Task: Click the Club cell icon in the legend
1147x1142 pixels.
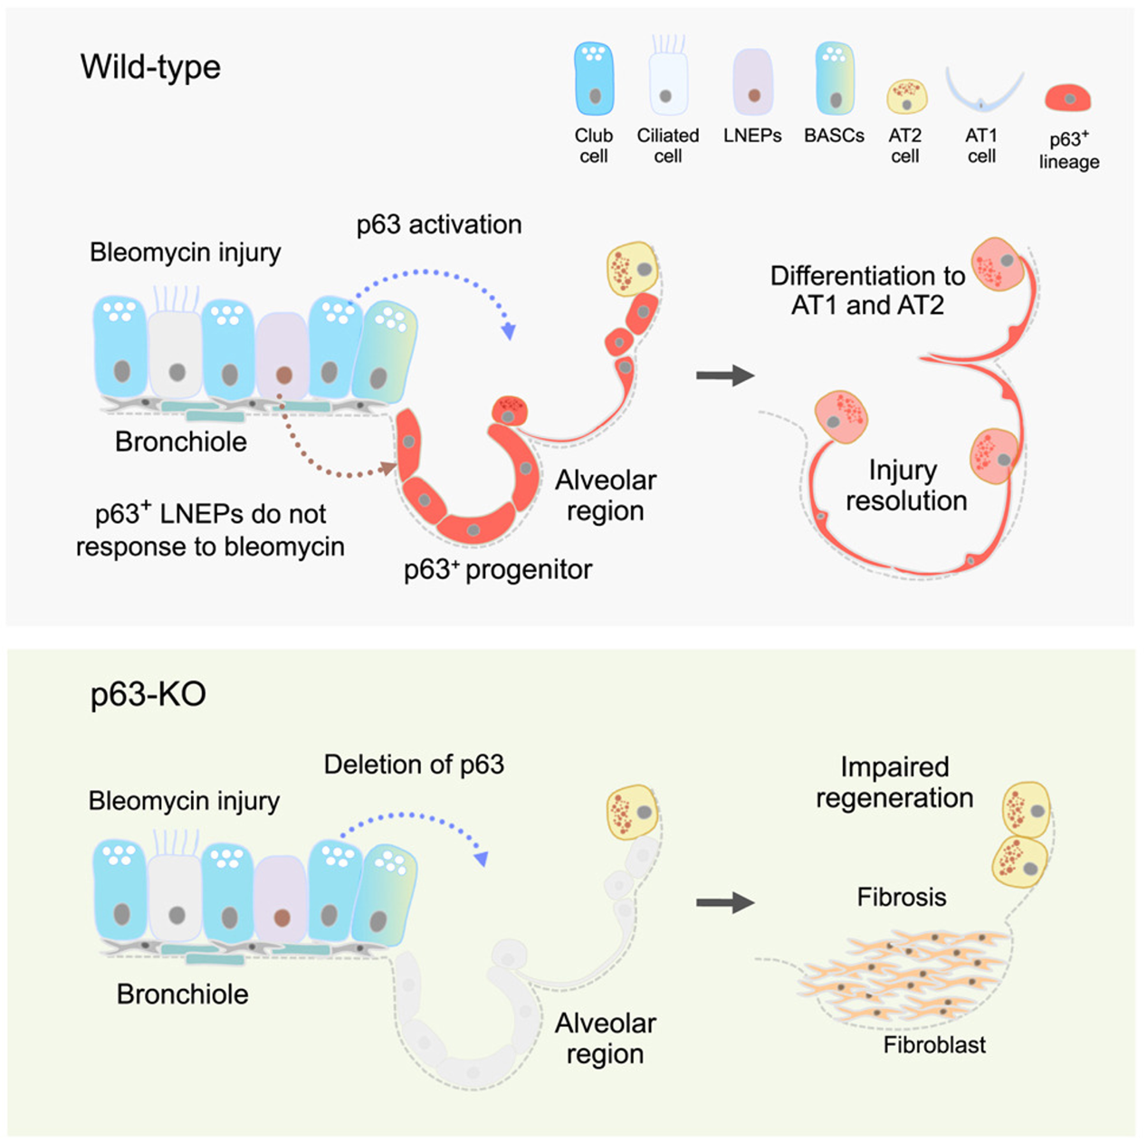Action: (x=594, y=79)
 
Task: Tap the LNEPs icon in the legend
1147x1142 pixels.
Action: (x=752, y=81)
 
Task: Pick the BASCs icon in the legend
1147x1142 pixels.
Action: (x=834, y=79)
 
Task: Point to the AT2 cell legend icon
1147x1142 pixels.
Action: (x=906, y=95)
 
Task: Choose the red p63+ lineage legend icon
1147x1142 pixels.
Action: (x=1068, y=98)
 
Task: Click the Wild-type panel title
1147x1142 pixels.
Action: (x=150, y=67)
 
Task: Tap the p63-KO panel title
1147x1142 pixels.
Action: (x=148, y=694)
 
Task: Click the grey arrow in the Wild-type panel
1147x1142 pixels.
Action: (x=724, y=375)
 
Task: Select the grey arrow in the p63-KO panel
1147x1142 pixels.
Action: (x=724, y=902)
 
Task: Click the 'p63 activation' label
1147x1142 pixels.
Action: (x=439, y=224)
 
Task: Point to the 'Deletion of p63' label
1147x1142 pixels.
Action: (x=414, y=765)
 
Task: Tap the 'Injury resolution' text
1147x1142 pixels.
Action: (x=905, y=485)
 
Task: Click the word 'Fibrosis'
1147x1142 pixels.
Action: (x=902, y=897)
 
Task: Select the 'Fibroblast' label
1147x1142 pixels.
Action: (x=934, y=1045)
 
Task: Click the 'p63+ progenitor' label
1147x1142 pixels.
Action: (x=498, y=569)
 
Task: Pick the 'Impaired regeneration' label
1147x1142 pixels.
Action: (x=894, y=783)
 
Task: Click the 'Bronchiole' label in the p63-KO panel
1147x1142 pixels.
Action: (x=182, y=994)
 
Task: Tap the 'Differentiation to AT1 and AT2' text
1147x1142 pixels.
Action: (x=867, y=290)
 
